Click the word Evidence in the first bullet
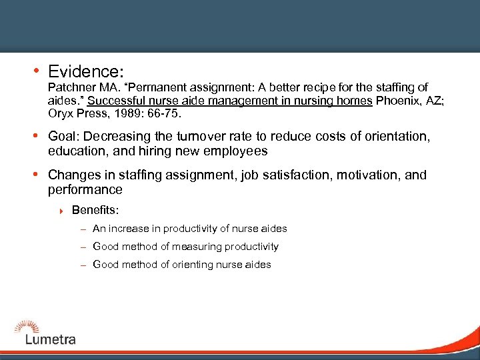[87, 70]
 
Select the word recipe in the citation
[316, 88]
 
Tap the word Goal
[63, 137]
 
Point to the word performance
[85, 189]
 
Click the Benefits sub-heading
[95, 211]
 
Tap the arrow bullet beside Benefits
[61, 211]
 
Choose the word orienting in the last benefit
[192, 265]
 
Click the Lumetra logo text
[50, 339]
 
